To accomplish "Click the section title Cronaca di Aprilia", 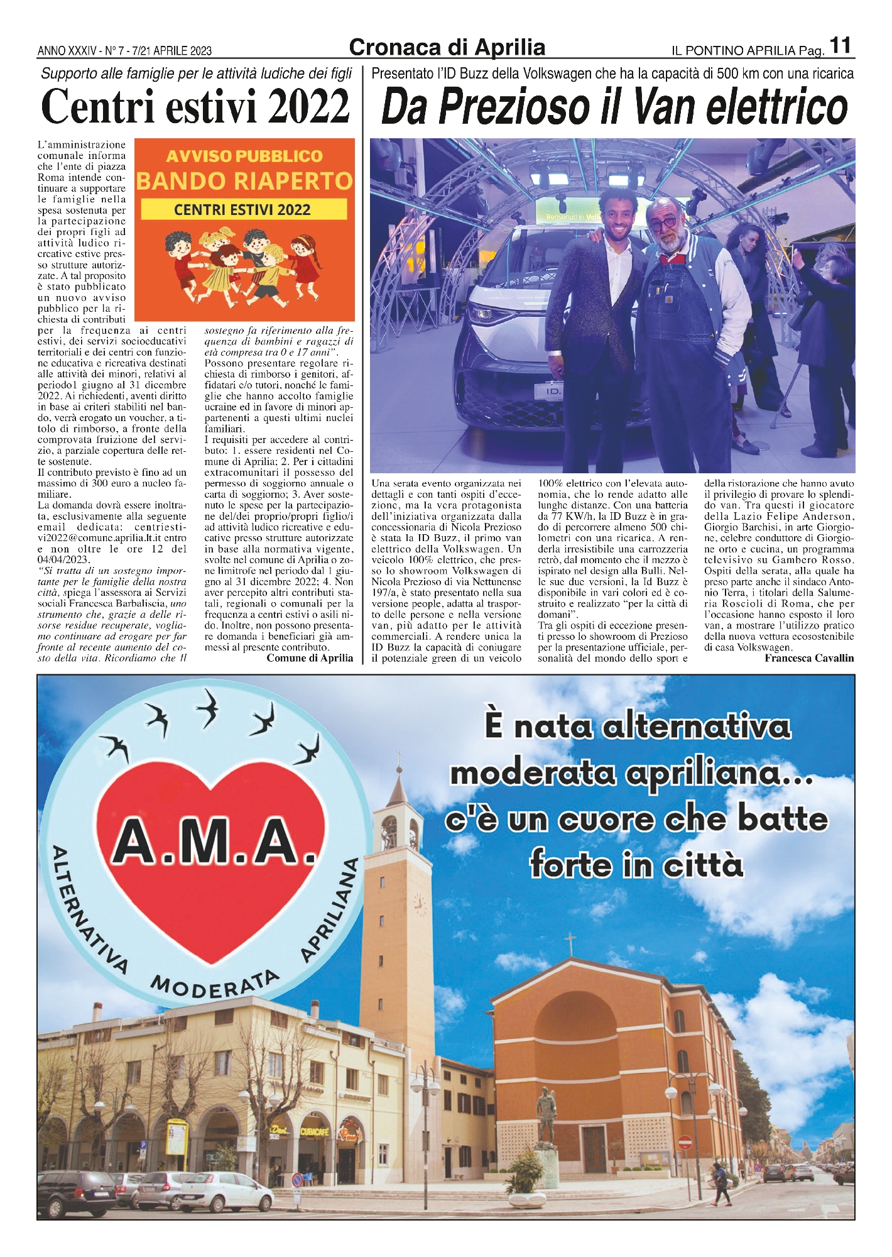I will coord(447,47).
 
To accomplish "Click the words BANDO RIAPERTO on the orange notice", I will coord(244,181).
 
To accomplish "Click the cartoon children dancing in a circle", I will coord(242,261).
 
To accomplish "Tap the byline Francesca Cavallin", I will coord(809,658).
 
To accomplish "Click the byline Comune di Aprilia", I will coord(310,658).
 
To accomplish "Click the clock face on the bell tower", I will coord(419,906).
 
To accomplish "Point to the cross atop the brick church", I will coord(570,943).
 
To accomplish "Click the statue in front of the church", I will coord(546,1113).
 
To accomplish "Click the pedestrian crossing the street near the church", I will coord(719,1182).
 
